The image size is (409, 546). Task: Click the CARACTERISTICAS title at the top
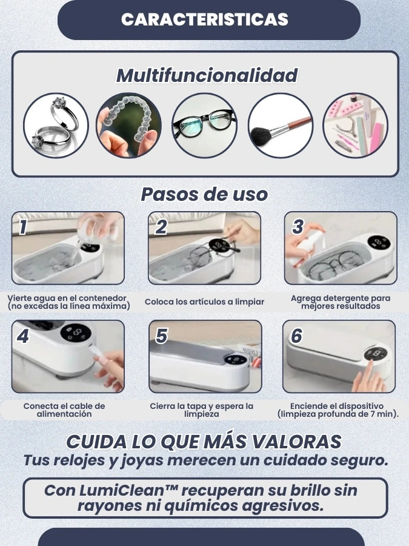(x=205, y=19)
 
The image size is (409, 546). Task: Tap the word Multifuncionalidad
(x=207, y=75)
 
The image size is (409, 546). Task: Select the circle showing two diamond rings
(x=56, y=126)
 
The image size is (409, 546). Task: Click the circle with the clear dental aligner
(x=128, y=126)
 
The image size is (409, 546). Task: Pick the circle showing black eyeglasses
(x=205, y=126)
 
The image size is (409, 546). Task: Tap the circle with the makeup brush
(x=281, y=126)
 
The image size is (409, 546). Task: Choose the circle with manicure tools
(x=355, y=126)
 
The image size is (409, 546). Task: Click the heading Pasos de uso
(x=204, y=194)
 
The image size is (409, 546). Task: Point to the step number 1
(x=23, y=227)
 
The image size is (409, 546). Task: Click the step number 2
(x=161, y=227)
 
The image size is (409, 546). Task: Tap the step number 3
(x=298, y=227)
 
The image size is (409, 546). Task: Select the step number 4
(x=22, y=336)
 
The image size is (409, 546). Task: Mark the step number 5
(x=162, y=336)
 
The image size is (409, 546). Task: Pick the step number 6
(x=296, y=336)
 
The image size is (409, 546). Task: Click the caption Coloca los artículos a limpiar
(x=205, y=302)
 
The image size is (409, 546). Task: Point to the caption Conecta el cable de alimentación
(x=64, y=410)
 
